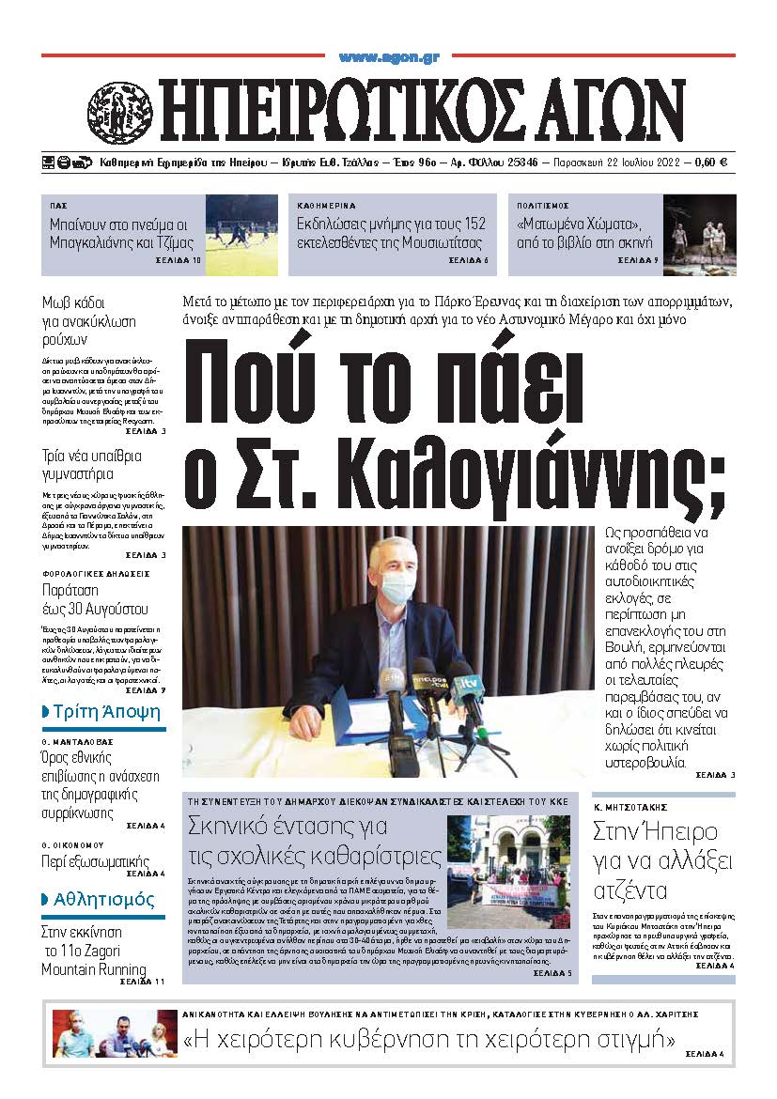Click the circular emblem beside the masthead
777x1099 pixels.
pyautogui.click(x=119, y=110)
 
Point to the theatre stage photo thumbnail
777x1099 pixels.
pyautogui.click(x=699, y=235)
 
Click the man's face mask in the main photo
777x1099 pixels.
pyautogui.click(x=395, y=587)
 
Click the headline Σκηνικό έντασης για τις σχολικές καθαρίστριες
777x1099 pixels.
pyautogui.click(x=314, y=842)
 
